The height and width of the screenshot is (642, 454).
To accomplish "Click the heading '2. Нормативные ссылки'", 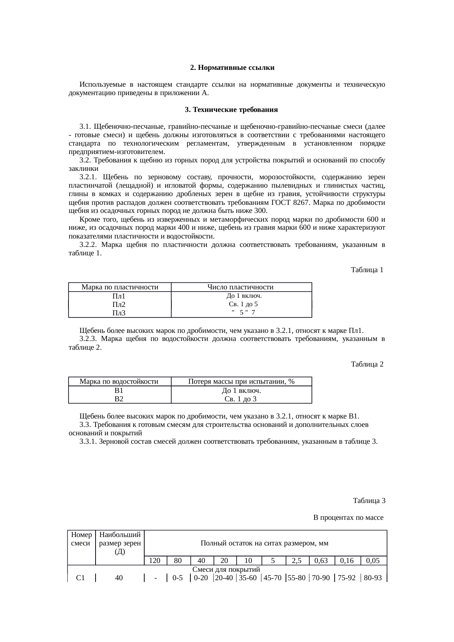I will click(232, 68).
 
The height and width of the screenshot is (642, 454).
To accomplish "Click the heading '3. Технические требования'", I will click(231, 110).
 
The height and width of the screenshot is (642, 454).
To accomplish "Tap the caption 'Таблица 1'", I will click(367, 270).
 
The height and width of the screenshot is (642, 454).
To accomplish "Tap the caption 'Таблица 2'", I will click(367, 364).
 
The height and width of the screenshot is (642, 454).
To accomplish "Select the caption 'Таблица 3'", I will click(369, 500).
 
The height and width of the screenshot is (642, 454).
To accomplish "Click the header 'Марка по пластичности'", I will click(120, 287).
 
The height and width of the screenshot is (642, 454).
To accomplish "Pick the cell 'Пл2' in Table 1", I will click(119, 304).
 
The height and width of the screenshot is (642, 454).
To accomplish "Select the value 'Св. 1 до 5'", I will click(243, 304).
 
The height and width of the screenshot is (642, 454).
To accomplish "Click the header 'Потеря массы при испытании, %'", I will click(241, 382).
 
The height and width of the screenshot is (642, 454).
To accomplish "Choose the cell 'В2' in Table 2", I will click(119, 399).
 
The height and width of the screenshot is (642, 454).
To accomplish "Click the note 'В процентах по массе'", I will click(348, 518).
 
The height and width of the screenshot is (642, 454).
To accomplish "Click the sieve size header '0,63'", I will click(321, 560).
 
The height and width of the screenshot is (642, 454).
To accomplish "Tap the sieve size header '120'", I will click(155, 560).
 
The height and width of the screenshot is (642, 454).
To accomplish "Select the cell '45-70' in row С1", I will click(272, 578).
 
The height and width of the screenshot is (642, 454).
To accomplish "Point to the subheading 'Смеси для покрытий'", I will click(226, 570).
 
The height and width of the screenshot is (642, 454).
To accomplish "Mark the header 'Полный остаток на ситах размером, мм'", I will click(264, 543).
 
